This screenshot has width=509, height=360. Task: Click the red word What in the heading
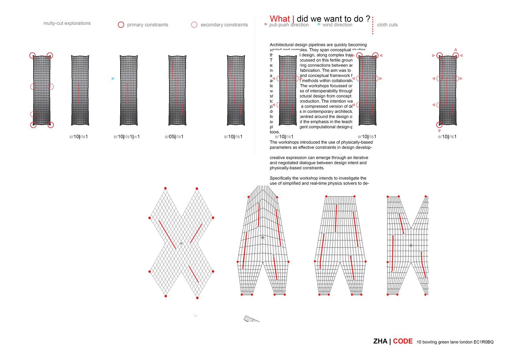tap(279, 19)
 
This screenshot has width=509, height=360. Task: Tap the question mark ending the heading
tap(368, 19)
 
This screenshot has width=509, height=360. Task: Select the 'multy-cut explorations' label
tap(67, 23)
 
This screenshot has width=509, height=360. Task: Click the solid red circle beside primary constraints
tap(121, 25)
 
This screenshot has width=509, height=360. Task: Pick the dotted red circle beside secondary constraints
tap(194, 25)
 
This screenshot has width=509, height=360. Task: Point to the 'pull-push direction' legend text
tap(289, 25)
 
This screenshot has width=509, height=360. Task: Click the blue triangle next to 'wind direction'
tap(319, 24)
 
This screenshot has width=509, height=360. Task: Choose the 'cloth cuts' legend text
tap(387, 25)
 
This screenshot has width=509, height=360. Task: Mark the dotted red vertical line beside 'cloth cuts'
tap(373, 25)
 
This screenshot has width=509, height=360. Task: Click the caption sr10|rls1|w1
tap(127, 137)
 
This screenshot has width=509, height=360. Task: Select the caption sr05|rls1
tap(174, 137)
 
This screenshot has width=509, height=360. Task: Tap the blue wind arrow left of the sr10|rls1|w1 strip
tap(113, 79)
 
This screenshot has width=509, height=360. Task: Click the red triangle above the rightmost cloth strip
tap(456, 50)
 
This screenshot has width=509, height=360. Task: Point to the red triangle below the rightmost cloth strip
tap(439, 131)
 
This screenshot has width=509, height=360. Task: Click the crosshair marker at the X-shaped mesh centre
tap(181, 243)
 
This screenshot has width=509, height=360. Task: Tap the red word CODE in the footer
tap(403, 341)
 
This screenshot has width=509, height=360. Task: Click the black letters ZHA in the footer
tap(380, 341)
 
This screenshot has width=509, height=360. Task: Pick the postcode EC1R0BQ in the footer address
tap(484, 342)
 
